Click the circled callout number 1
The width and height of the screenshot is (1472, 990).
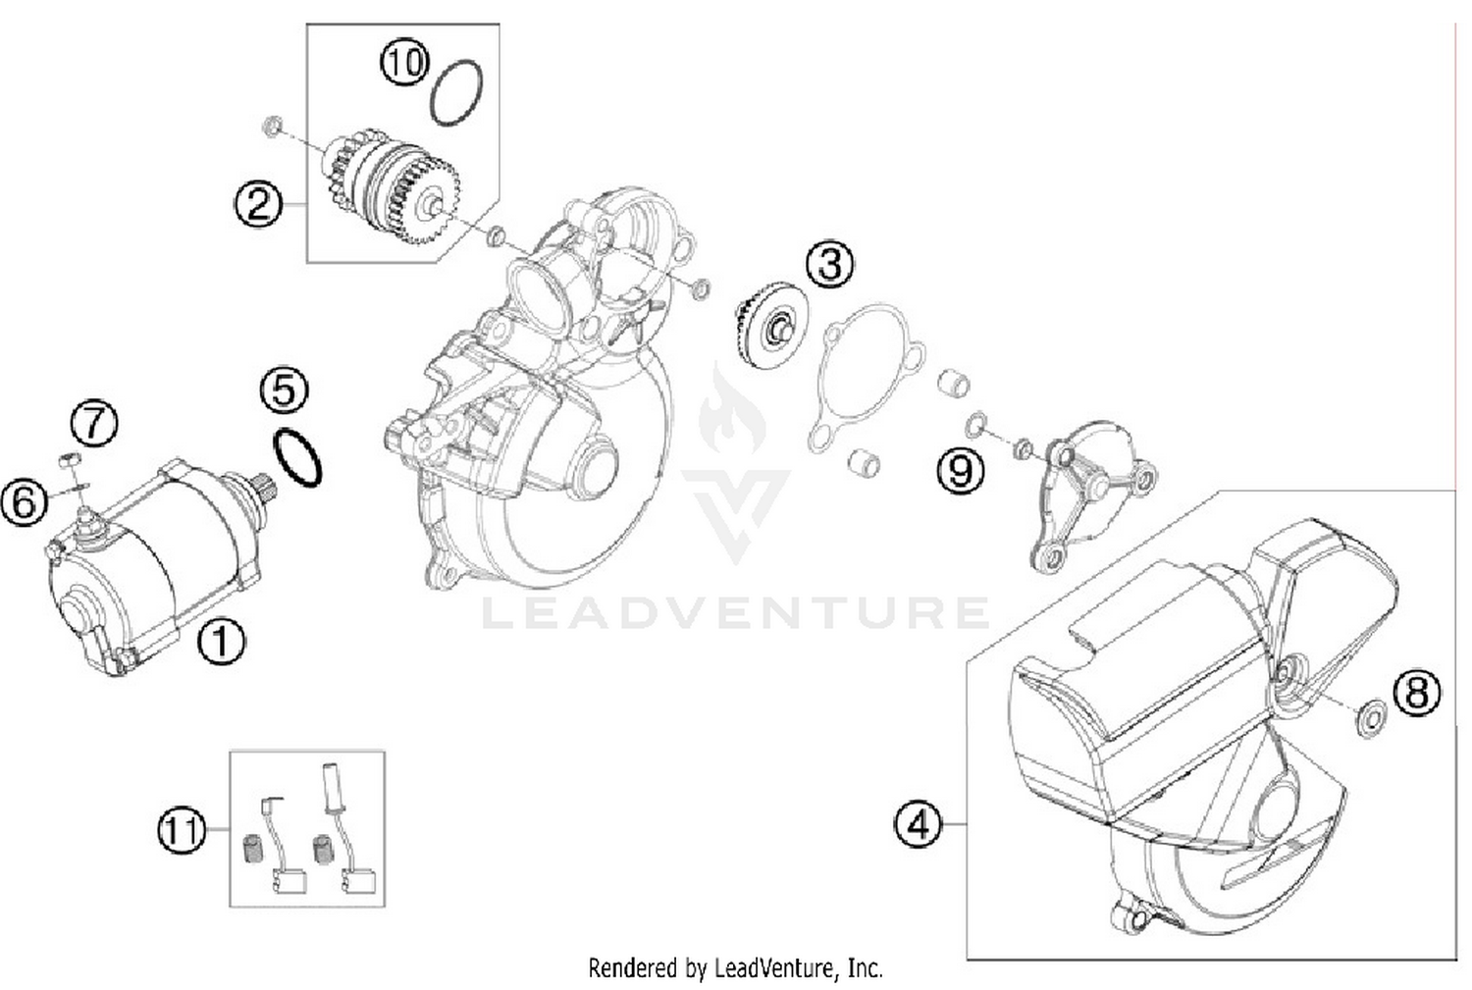(x=221, y=643)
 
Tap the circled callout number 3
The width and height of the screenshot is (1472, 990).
(x=830, y=265)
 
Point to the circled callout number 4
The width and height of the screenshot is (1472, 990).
(x=918, y=824)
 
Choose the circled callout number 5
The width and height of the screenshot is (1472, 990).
(x=284, y=391)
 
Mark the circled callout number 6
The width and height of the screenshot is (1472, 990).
(x=25, y=502)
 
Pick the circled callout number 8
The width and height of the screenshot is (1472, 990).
(x=1417, y=693)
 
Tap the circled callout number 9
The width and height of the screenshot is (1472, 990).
(x=960, y=471)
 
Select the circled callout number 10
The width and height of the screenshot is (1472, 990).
(x=404, y=63)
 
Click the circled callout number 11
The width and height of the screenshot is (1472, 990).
(x=183, y=832)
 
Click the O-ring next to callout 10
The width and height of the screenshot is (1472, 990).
(x=456, y=93)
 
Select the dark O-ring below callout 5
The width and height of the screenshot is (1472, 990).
(x=297, y=457)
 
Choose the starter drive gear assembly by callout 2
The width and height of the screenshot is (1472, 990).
(x=393, y=186)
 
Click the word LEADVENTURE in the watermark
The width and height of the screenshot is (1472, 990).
(x=736, y=612)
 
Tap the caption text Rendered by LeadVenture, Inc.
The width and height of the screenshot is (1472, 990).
(x=735, y=968)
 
